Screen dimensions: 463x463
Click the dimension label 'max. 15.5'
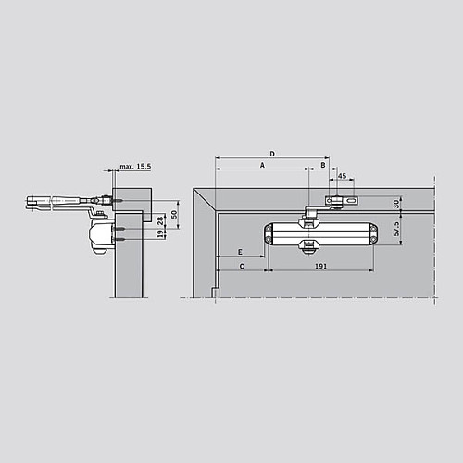point(134,167)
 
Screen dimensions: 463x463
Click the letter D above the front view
point(272,153)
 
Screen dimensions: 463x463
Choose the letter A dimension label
point(262,164)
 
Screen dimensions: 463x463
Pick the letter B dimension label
point(322,164)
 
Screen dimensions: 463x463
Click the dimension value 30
point(396,203)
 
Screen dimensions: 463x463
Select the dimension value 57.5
point(396,228)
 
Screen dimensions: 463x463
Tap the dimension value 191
point(320,266)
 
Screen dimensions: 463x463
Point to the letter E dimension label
point(240,252)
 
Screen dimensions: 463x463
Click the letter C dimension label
point(242,266)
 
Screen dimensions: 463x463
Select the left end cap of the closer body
point(269,235)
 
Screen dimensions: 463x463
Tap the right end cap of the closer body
point(371,235)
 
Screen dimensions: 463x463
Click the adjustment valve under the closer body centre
point(308,245)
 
